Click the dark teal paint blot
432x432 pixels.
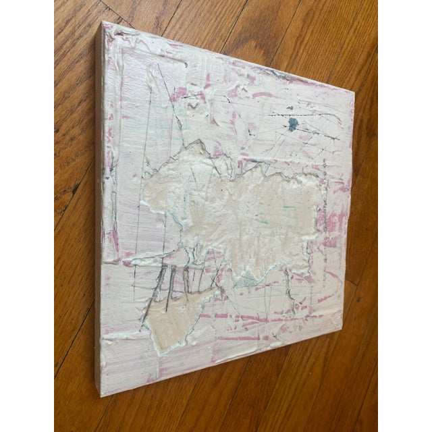point(292,124)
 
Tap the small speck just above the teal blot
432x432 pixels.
point(292,108)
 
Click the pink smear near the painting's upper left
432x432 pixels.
point(179,94)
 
